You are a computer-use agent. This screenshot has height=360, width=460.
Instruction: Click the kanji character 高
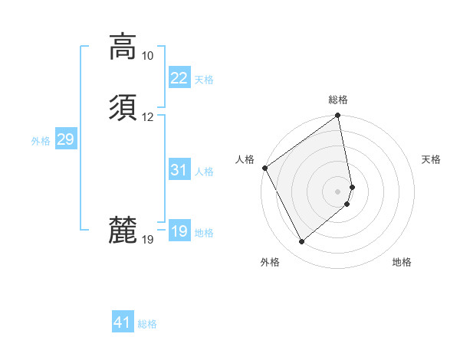pyautogui.click(x=123, y=47)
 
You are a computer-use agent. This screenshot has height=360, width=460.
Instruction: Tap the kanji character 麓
pyautogui.click(x=123, y=230)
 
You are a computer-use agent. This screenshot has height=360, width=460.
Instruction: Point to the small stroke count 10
pyautogui.click(x=147, y=56)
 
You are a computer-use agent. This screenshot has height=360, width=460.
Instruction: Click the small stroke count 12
pyautogui.click(x=147, y=117)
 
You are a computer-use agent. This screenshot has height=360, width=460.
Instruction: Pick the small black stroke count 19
pyautogui.click(x=147, y=240)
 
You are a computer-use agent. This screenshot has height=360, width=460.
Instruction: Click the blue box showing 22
pyautogui.click(x=179, y=78)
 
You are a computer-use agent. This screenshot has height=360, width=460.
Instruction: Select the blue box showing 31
pyautogui.click(x=179, y=170)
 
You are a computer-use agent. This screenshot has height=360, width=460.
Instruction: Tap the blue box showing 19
pyautogui.click(x=179, y=231)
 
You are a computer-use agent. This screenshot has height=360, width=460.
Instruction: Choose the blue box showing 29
pyautogui.click(x=65, y=139)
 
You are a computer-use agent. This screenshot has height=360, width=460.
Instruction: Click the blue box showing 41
pyautogui.click(x=123, y=322)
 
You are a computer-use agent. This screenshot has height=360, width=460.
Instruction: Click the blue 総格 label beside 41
pyautogui.click(x=147, y=324)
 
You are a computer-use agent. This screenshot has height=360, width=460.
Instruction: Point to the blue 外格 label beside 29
pyautogui.click(x=41, y=141)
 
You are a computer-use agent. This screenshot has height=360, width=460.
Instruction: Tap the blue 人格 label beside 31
pyautogui.click(x=205, y=172)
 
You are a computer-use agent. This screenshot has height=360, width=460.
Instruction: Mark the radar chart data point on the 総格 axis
pyautogui.click(x=337, y=116)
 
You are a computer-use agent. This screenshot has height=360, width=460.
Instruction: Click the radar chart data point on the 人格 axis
pyautogui.click(x=264, y=168)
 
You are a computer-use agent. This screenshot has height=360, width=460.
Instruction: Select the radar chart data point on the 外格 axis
pyautogui.click(x=301, y=242)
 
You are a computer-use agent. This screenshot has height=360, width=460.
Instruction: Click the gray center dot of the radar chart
pyautogui.click(x=337, y=191)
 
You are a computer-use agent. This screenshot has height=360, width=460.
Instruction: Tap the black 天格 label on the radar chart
pyautogui.click(x=432, y=159)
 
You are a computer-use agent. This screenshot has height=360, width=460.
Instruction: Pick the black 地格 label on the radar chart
pyautogui.click(x=402, y=262)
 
